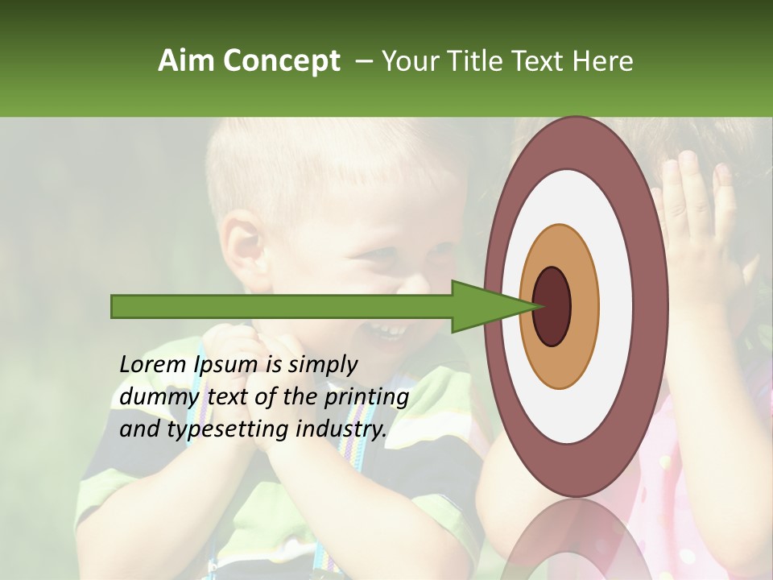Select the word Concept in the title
click(x=282, y=62)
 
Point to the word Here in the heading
click(x=603, y=61)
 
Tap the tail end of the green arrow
click(x=117, y=306)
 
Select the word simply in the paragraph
click(x=322, y=366)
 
